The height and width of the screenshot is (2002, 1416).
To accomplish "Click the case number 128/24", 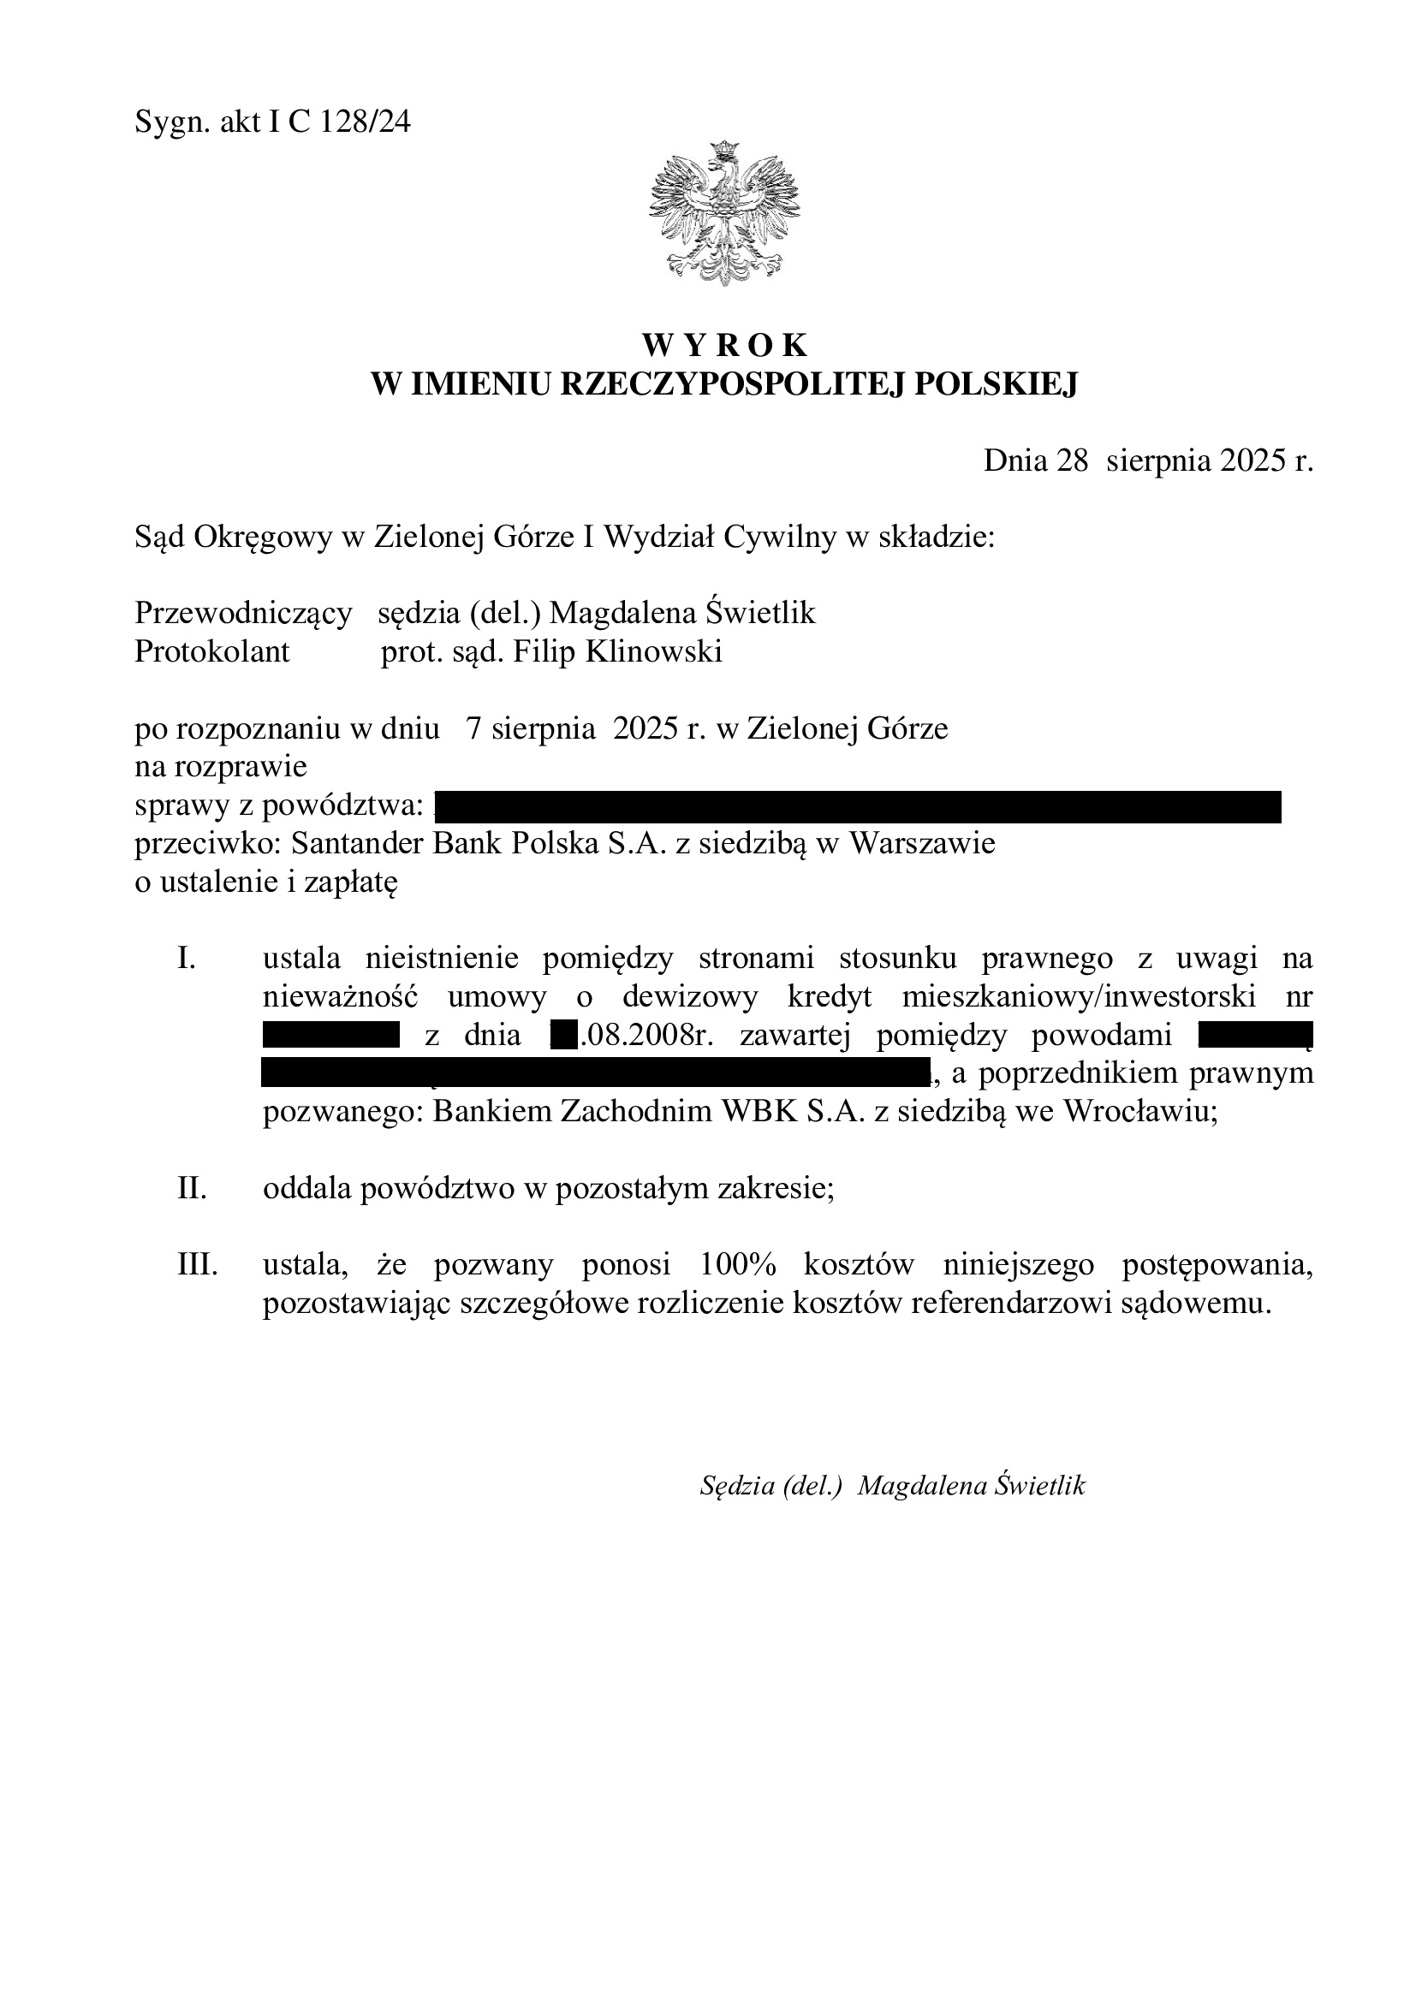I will coord(366,123).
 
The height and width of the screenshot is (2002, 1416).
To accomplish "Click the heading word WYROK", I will coord(724,345).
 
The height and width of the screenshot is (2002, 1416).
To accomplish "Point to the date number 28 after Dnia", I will coord(1073,460).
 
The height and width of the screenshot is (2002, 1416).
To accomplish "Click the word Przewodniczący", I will coord(243,613).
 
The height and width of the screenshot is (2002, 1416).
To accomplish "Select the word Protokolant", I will coord(211,651).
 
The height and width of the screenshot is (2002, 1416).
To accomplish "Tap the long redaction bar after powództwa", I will coord(857,806).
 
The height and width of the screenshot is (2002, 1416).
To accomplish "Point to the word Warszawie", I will coord(922,844).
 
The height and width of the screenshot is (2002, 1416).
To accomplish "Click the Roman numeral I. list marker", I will coord(186,959).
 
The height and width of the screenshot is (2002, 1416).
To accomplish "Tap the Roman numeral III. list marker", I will coord(197,1265).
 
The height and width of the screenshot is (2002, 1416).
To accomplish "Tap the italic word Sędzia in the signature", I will coord(738,1485).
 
